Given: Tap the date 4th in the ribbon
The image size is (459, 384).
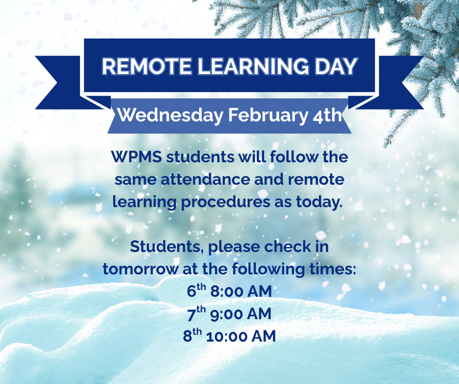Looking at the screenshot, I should [324, 116].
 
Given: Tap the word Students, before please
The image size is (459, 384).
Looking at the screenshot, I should [166, 247].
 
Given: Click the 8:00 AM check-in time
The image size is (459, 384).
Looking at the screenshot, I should [241, 291].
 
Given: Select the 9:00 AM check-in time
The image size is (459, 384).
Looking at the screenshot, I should [241, 314].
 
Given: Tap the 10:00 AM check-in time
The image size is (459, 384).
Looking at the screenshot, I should [241, 336].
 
